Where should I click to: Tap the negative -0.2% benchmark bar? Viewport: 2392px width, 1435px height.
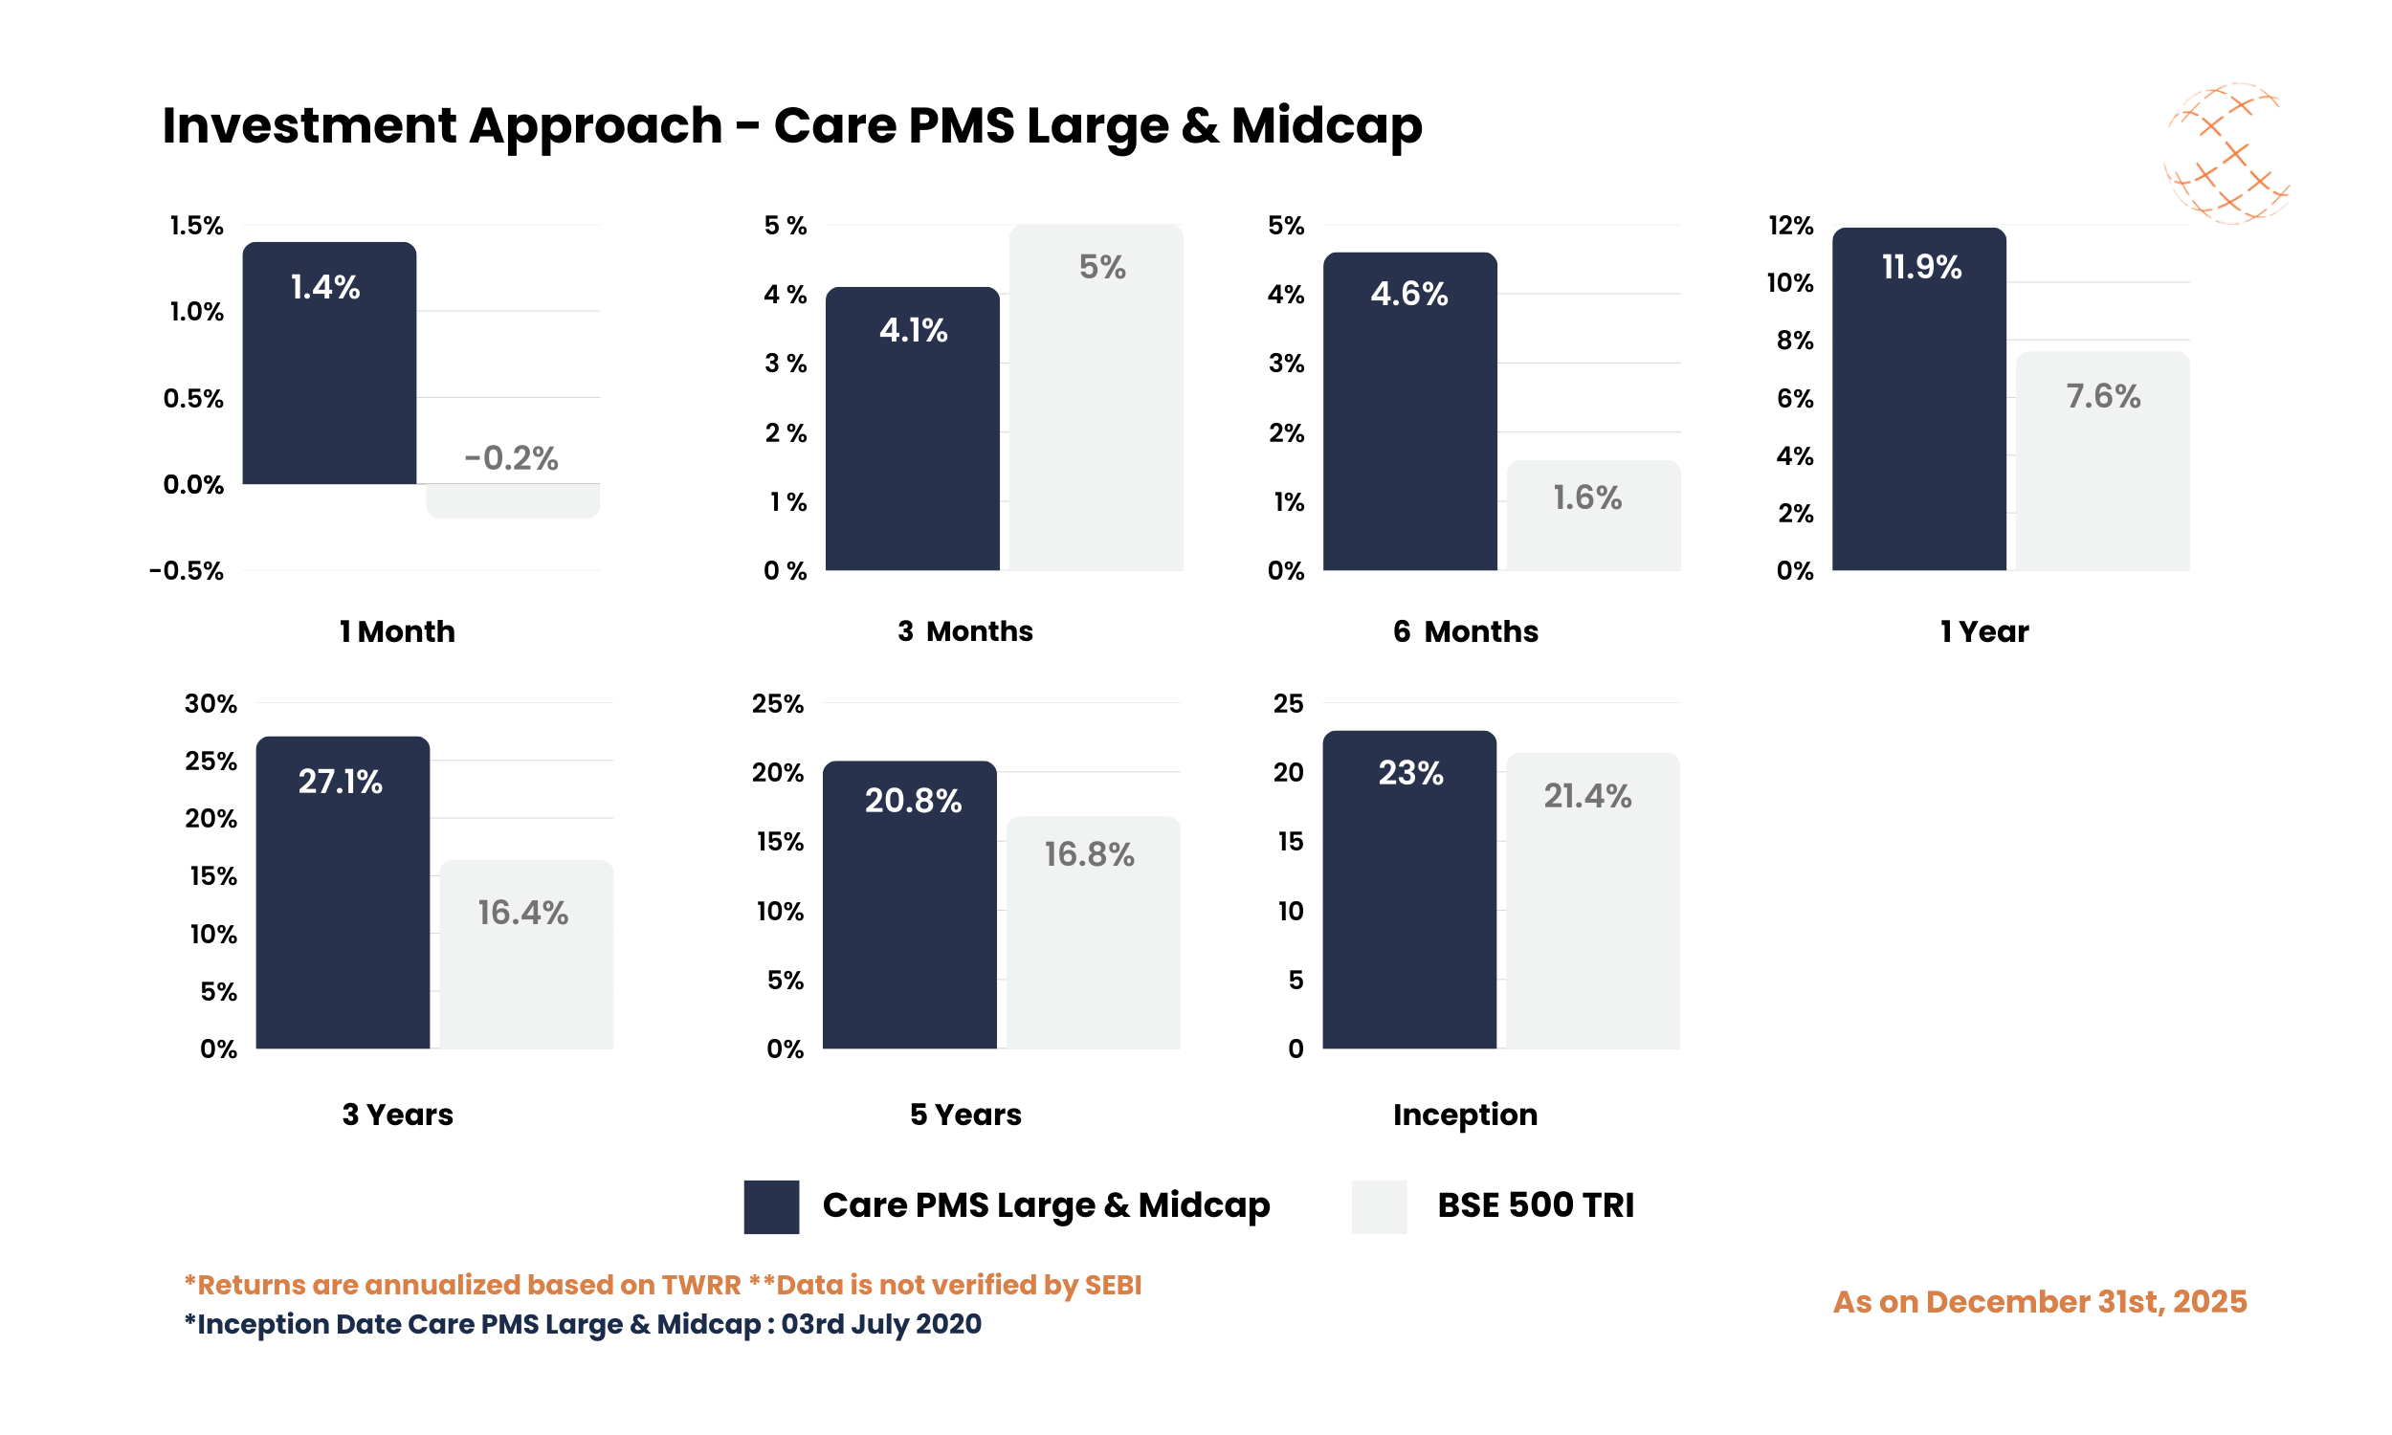513,500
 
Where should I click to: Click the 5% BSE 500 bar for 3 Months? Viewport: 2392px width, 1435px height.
1096,407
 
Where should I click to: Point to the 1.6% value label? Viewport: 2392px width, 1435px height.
1586,498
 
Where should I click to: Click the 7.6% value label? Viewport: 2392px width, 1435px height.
2102,396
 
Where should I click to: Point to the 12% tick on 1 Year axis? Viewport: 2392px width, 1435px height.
1789,226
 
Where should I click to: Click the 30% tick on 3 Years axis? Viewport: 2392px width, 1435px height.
210,703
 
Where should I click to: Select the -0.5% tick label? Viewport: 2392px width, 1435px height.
186,570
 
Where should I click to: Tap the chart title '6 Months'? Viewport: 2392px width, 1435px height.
1465,631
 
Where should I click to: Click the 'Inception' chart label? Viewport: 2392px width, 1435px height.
1465,1114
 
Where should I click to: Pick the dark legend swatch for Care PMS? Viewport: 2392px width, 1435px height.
770,1205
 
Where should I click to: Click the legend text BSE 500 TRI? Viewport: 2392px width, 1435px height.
1535,1205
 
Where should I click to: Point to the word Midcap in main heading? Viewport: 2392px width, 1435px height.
1325,125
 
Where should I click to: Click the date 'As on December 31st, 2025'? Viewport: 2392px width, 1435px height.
2039,1302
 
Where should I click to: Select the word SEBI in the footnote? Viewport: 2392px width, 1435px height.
1112,1284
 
